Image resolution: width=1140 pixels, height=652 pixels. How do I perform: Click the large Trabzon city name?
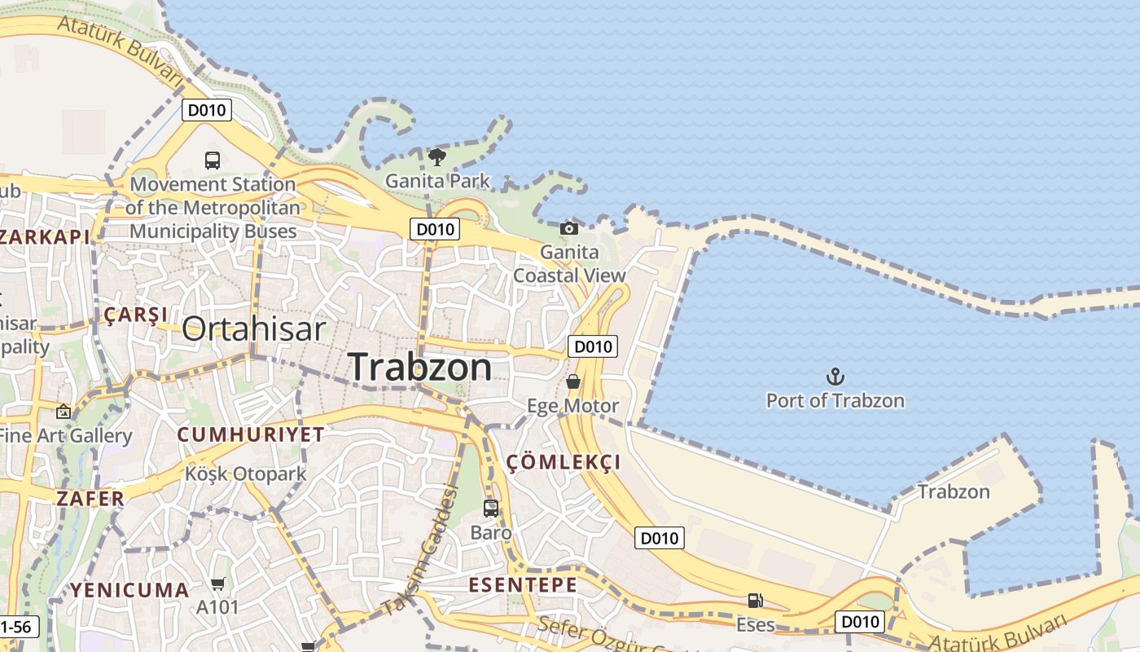pyautogui.click(x=420, y=368)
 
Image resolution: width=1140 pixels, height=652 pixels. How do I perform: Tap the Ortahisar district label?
pyautogui.click(x=253, y=329)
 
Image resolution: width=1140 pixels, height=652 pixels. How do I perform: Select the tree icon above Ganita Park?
pyautogui.click(x=437, y=156)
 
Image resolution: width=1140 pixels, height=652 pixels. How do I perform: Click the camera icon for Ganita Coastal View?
pyautogui.click(x=569, y=228)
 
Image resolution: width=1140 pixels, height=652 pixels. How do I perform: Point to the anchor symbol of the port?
pyautogui.click(x=835, y=377)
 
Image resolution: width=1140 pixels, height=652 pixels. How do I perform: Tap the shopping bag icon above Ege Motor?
pyautogui.click(x=573, y=381)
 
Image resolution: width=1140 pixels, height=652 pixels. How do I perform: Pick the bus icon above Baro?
pyautogui.click(x=491, y=509)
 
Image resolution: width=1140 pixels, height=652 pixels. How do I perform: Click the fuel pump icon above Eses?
pyautogui.click(x=756, y=601)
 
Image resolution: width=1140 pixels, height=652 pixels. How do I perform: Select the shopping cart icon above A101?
pyautogui.click(x=217, y=584)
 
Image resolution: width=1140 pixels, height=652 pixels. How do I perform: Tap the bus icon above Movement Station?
pyautogui.click(x=213, y=160)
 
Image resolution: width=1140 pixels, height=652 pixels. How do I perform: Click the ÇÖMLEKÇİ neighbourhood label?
pyautogui.click(x=563, y=463)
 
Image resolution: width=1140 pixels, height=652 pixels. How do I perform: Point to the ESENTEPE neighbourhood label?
pyautogui.click(x=523, y=585)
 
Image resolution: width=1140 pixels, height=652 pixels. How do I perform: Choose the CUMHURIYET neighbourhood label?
pyautogui.click(x=251, y=434)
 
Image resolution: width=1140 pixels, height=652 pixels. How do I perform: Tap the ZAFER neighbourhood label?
pyautogui.click(x=90, y=498)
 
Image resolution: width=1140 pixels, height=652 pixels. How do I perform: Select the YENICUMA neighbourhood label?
pyautogui.click(x=129, y=590)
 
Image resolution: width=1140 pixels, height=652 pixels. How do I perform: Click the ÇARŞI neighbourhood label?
pyautogui.click(x=136, y=315)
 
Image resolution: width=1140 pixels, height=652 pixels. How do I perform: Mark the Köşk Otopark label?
pyautogui.click(x=245, y=474)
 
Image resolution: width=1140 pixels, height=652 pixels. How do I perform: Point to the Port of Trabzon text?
pyautogui.click(x=835, y=401)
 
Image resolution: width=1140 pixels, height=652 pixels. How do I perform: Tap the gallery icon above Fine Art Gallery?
pyautogui.click(x=64, y=412)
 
